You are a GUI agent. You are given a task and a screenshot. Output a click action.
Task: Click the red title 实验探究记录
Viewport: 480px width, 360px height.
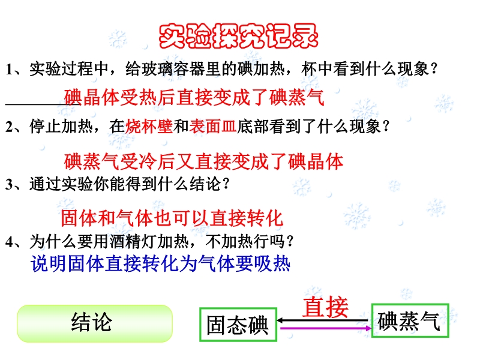pyautogui.click(x=238, y=36)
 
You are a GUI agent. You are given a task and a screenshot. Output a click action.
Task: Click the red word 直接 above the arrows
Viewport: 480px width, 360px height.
pyautogui.click(x=325, y=307)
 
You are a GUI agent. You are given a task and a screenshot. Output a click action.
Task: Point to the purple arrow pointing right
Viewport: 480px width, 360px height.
pyautogui.click(x=326, y=328)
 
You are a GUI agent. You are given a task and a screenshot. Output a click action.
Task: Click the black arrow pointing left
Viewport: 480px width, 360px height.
pyautogui.click(x=322, y=320)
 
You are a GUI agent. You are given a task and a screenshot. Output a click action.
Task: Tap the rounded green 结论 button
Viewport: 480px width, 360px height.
pyautogui.click(x=95, y=323)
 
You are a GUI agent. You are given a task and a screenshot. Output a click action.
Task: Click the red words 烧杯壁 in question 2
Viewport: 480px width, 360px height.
pyautogui.click(x=149, y=127)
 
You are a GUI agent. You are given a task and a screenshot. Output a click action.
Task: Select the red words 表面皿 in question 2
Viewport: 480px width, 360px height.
pyautogui.click(x=213, y=127)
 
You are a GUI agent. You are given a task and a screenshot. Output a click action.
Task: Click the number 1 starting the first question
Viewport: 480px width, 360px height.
pyautogui.click(x=9, y=69)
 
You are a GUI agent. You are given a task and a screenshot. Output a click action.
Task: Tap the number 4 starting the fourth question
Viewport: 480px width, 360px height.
pyautogui.click(x=9, y=242)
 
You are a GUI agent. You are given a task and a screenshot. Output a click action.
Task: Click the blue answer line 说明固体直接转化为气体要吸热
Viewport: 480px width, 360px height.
pyautogui.click(x=160, y=263)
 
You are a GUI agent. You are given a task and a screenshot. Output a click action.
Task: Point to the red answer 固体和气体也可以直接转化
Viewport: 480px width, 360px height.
pyautogui.click(x=172, y=218)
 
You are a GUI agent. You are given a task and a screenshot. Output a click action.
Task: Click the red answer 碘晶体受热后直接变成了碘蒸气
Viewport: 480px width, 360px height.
pyautogui.click(x=194, y=97)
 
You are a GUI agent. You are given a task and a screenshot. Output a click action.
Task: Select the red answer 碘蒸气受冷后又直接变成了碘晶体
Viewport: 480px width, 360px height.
pyautogui.click(x=203, y=161)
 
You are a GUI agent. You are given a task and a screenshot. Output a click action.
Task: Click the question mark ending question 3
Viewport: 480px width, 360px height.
pyautogui.click(x=226, y=184)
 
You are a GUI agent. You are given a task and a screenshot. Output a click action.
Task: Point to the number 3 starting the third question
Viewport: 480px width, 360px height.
pyautogui.click(x=9, y=184)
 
